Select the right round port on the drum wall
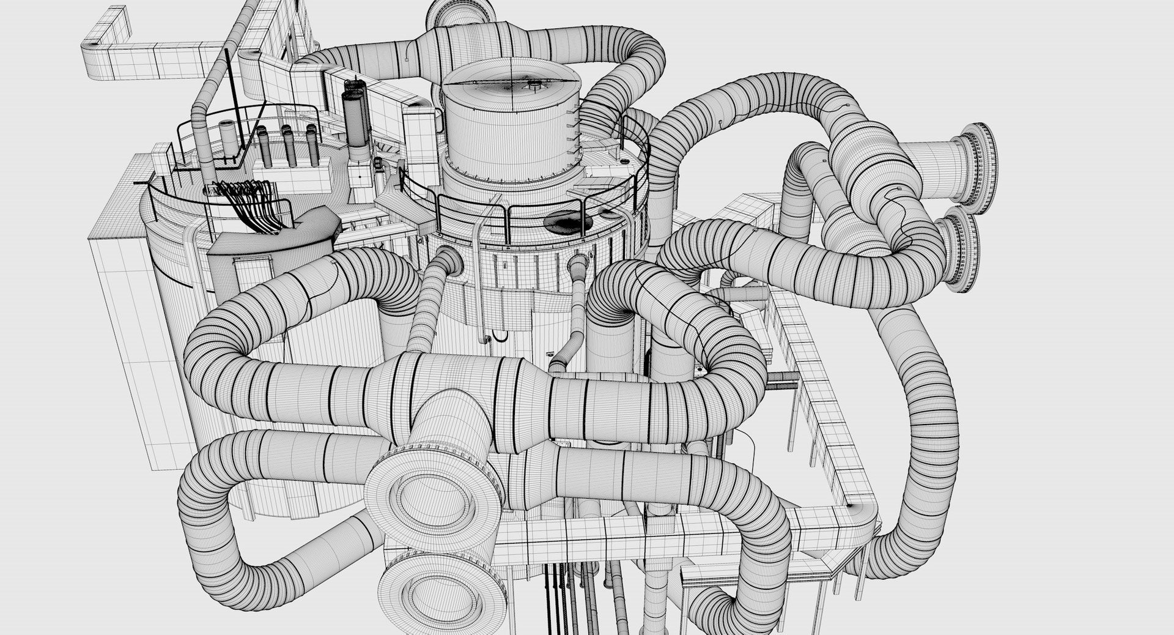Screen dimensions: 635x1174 pos(577,264)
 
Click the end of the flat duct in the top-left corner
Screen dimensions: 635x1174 pos(92,51)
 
